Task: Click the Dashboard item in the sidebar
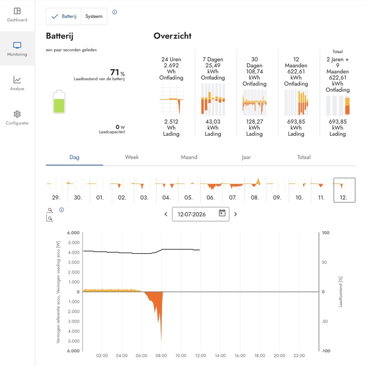17,15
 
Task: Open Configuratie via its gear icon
17,114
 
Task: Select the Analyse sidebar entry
17,83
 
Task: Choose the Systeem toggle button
94,17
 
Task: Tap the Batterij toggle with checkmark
64,17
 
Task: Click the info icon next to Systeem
114,12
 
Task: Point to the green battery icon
59,102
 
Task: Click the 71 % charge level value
117,72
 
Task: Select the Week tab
132,157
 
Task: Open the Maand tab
189,157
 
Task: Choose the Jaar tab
246,157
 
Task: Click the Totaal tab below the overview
304,157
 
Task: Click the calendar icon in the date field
222,213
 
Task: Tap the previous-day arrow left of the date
166,214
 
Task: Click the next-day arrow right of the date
235,214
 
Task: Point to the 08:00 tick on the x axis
161,356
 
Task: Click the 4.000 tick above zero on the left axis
74,253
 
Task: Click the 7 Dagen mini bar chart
213,100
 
